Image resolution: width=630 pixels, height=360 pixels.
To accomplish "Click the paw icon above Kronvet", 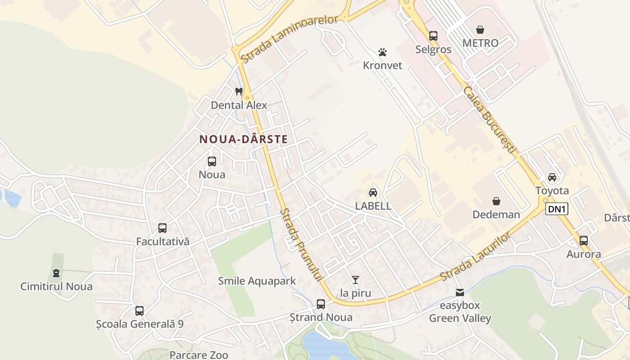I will [x=382, y=52].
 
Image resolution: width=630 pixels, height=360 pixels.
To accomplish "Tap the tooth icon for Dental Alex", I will [x=239, y=91].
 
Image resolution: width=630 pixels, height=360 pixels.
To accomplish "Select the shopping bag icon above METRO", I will [x=480, y=30].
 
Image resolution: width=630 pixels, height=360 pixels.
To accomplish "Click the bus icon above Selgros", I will [x=433, y=36].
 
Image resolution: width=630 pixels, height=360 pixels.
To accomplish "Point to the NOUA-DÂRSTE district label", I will [x=243, y=139].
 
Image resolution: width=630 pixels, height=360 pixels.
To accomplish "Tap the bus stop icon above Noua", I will [x=212, y=161].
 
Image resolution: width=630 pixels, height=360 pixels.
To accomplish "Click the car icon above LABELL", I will [x=373, y=193].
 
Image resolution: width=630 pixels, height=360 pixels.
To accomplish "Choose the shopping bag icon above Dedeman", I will [x=496, y=201].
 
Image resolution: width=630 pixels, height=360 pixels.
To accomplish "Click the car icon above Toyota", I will [x=552, y=177].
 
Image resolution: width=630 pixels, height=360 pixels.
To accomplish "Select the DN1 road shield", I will [x=557, y=209].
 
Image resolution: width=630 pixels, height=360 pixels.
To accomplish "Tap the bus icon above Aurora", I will [x=584, y=241].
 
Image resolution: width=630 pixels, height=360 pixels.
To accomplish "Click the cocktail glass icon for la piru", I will [x=355, y=280].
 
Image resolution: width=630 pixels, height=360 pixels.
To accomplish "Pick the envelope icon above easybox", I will [x=459, y=292].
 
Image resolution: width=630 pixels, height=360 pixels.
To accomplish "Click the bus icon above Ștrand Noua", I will [x=321, y=304].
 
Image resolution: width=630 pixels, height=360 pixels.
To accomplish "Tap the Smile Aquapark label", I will [x=257, y=281].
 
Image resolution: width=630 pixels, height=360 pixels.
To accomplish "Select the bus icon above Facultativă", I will [x=162, y=228].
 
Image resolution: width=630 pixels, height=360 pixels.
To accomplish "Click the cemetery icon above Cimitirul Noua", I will [x=56, y=273].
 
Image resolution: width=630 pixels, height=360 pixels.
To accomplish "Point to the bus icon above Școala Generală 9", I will [x=139, y=310].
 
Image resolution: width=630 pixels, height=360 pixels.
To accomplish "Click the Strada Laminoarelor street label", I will [x=289, y=39].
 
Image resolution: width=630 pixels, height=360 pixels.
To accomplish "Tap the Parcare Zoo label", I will [x=198, y=355].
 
